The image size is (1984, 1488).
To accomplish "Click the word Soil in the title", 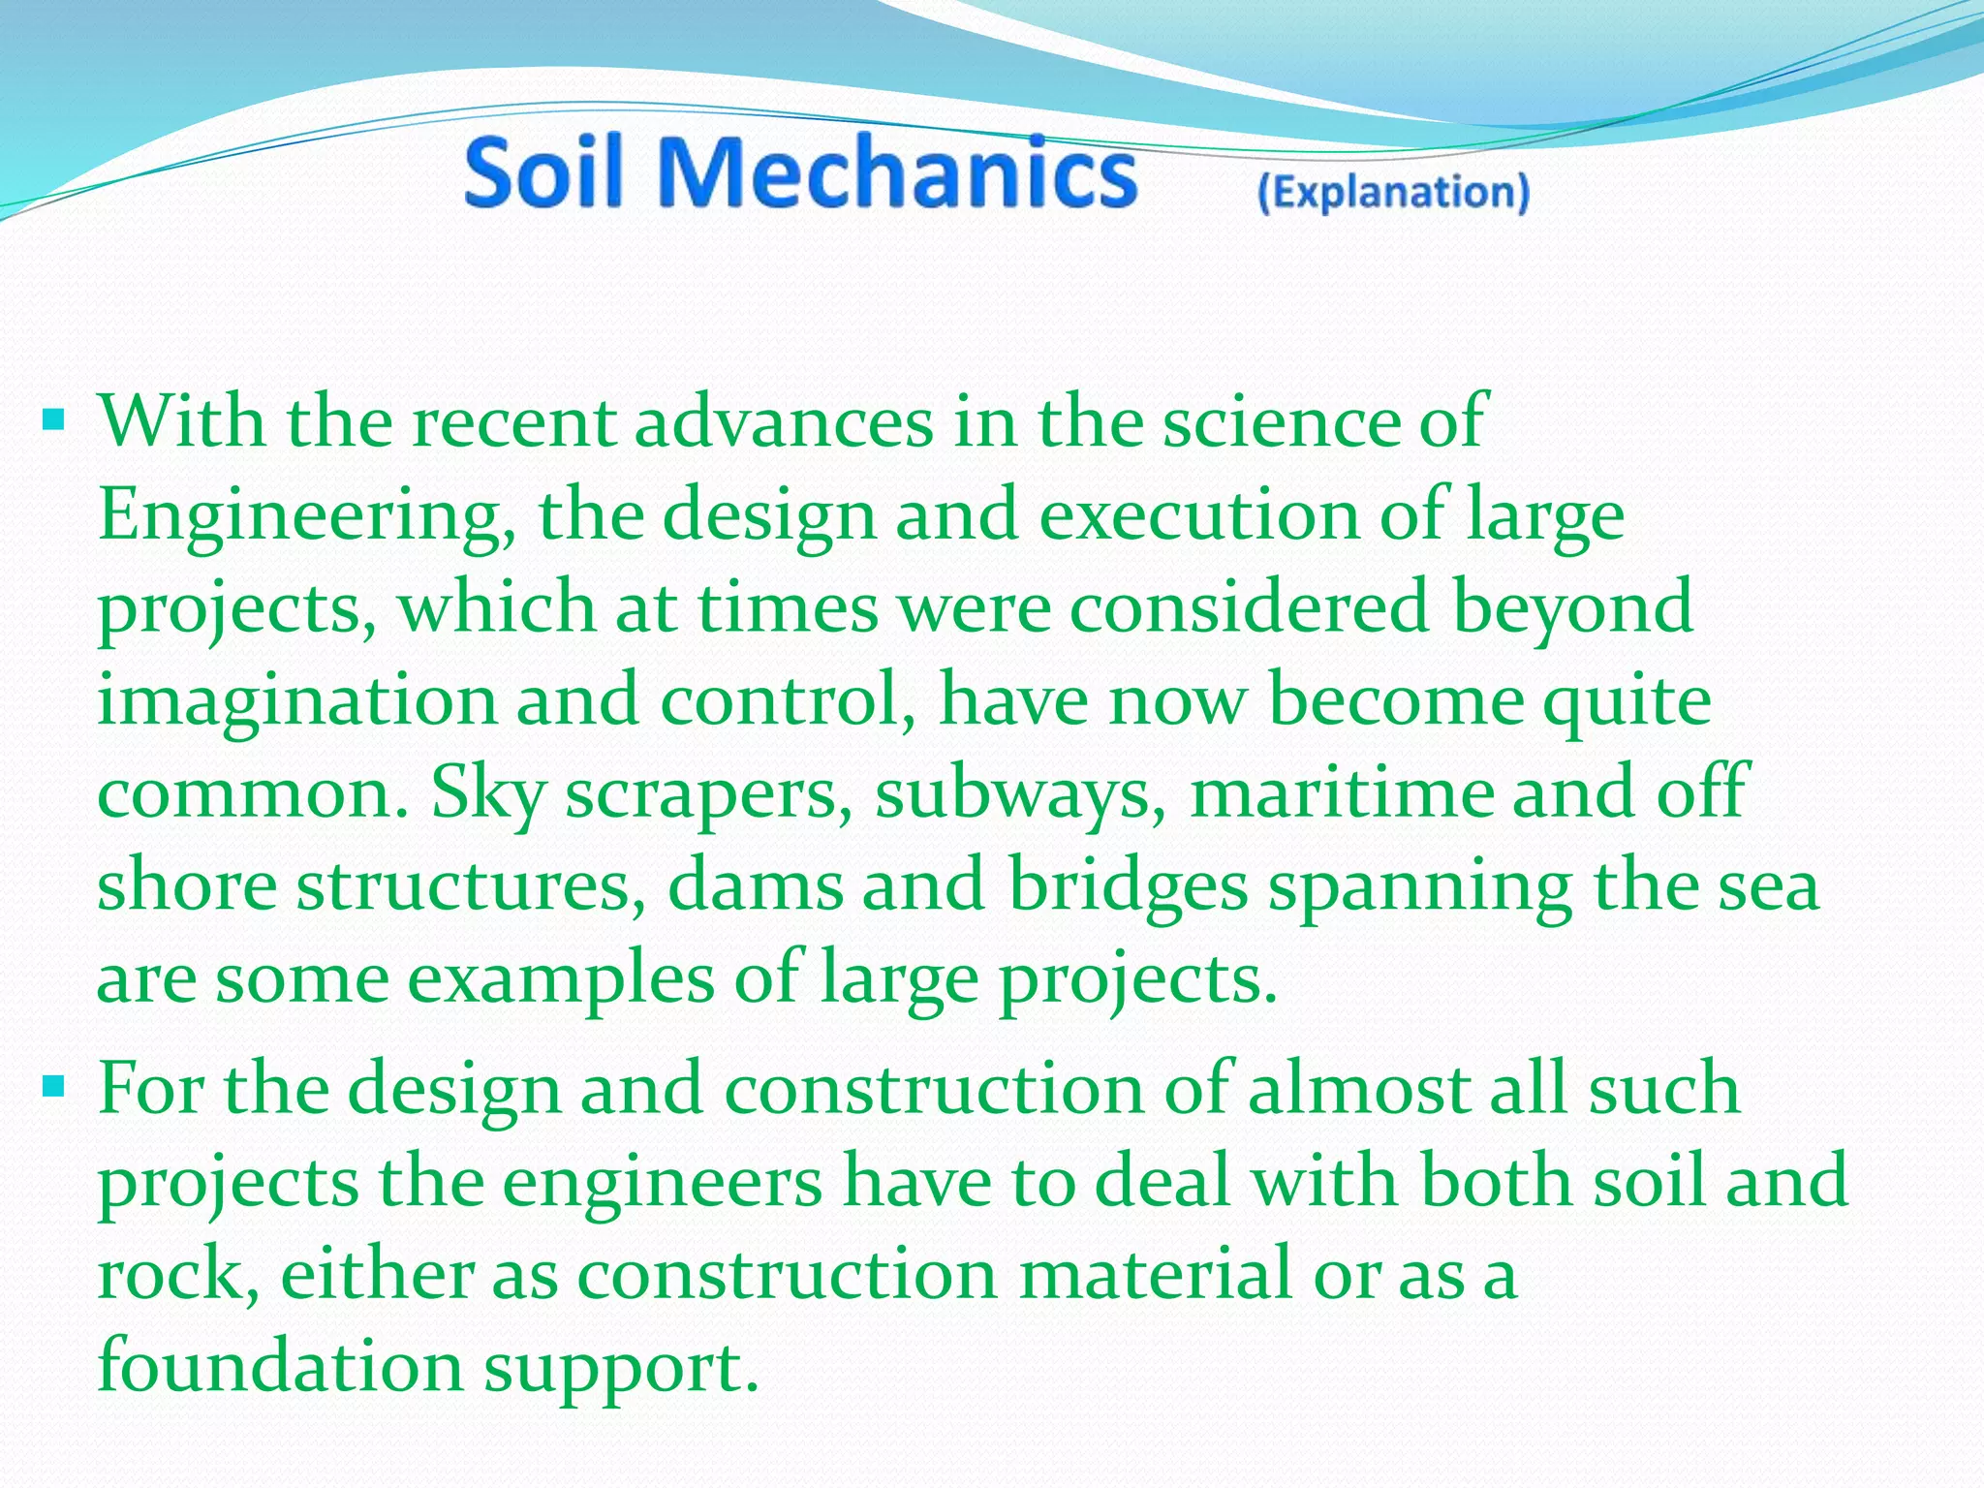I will [x=542, y=172].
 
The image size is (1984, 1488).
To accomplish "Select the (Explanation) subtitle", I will [x=1393, y=192].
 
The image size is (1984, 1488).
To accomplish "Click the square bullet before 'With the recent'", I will [x=54, y=420].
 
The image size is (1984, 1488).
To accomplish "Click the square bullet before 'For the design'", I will [x=54, y=1087].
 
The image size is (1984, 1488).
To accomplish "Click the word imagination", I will [x=295, y=699].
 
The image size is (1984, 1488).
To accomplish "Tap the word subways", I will [x=1020, y=792].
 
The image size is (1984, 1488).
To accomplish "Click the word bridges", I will [x=1128, y=885].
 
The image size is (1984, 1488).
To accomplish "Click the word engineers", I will [x=662, y=1182].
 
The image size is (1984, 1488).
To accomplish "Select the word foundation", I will [x=280, y=1366].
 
